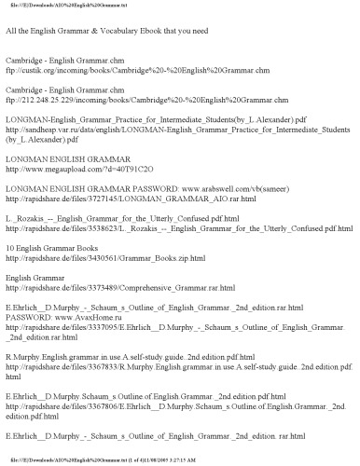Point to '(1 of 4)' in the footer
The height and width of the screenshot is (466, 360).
(x=251, y=460)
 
